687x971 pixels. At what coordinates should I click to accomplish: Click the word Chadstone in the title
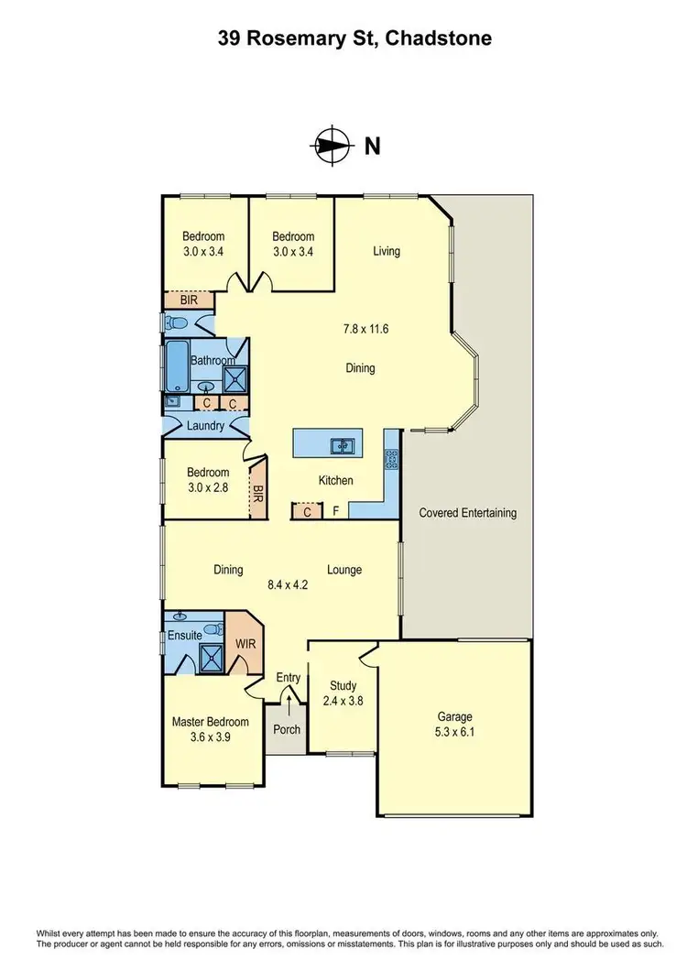coord(439,38)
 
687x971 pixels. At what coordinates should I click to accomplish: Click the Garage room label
coord(454,717)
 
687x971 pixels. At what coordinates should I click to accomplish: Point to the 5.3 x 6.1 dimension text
coord(454,734)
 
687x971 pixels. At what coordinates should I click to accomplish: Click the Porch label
coord(287,731)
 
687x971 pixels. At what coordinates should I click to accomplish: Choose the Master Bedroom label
coord(211,722)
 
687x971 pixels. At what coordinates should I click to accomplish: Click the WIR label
coord(245,644)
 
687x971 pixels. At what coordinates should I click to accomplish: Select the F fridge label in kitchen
coord(336,512)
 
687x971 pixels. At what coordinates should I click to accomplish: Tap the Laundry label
coord(205,426)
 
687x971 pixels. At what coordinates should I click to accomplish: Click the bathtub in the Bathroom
coord(176,366)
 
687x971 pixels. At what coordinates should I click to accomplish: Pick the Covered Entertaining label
coord(467,513)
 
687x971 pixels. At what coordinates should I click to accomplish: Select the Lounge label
coord(344,570)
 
